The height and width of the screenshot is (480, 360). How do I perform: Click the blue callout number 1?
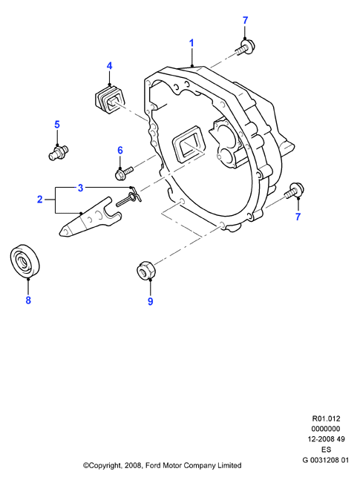coord(192,43)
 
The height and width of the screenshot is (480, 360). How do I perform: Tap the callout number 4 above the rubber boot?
coord(109,66)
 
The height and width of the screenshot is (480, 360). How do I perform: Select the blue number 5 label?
coord(57,125)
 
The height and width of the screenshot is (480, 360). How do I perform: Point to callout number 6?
coord(120,151)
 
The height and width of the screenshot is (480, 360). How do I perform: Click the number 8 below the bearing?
coord(28,300)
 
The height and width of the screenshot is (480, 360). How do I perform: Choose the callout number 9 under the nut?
coord(150,301)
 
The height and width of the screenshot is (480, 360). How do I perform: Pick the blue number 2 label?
coord(39,200)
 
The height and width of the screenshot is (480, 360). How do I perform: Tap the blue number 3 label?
coord(80,188)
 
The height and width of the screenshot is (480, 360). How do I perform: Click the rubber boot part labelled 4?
coord(109,99)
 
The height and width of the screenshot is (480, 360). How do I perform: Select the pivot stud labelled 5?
coord(59,152)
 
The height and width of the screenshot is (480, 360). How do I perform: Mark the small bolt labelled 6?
coord(123,172)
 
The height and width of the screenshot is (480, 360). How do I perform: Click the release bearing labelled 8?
coord(26,261)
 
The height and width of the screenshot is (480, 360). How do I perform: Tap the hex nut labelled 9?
coord(146,269)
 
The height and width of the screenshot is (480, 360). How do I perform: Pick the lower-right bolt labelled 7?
coord(294,191)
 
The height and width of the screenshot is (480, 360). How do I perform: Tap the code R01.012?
coord(326,418)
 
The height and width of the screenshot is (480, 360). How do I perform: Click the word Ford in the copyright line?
coord(154,466)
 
